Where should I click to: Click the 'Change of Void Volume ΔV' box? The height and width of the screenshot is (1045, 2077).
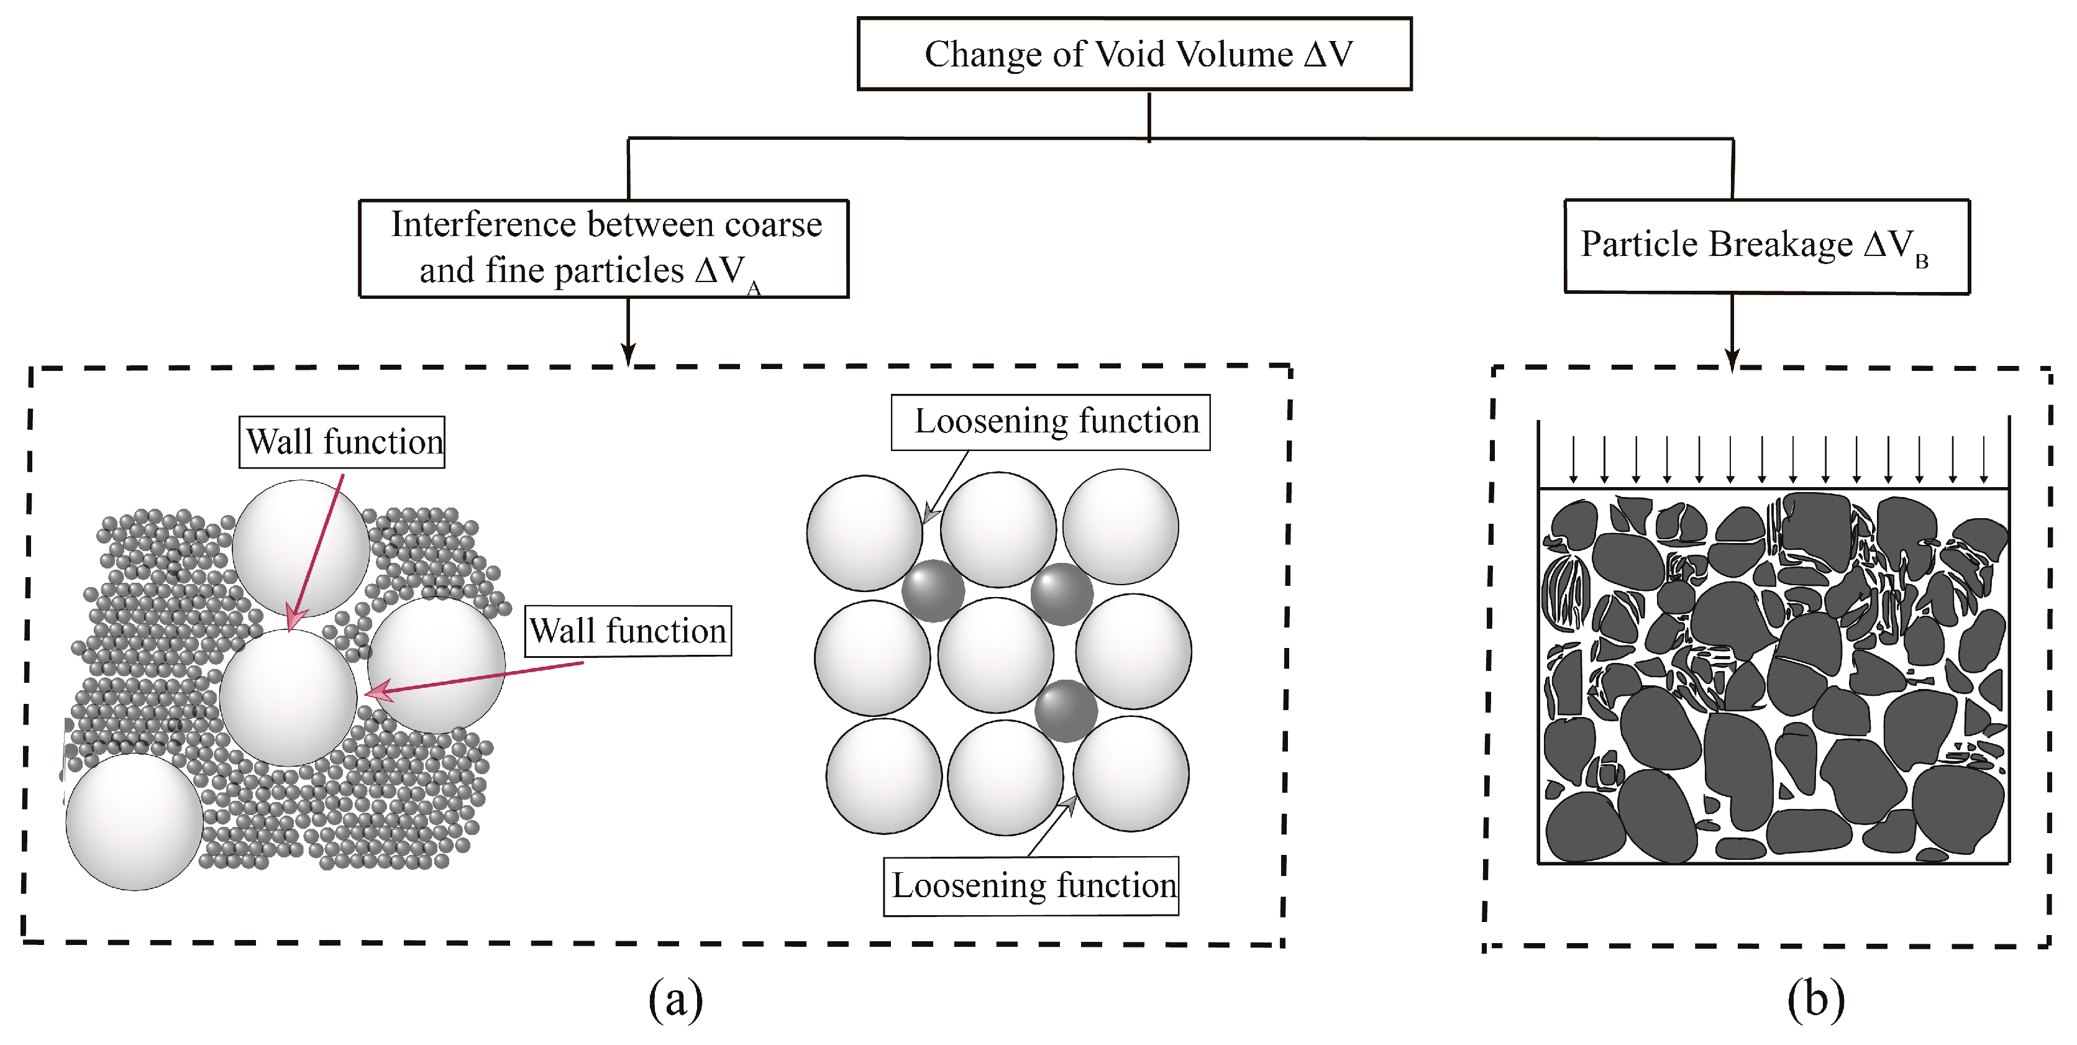[1134, 54]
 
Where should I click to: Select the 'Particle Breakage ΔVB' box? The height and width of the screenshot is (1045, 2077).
[1766, 246]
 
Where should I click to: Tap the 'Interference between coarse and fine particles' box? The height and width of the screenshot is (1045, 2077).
[603, 249]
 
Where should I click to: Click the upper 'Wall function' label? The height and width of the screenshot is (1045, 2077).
[342, 442]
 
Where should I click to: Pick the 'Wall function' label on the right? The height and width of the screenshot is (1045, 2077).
[628, 631]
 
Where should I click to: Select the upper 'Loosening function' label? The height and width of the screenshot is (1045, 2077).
[1050, 422]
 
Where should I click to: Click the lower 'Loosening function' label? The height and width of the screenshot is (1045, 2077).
[1031, 885]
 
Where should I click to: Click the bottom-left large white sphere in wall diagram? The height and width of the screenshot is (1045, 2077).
[134, 821]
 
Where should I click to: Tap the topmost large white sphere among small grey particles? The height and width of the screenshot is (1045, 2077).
[301, 549]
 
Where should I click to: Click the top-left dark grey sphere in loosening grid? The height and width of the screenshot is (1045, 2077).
[933, 590]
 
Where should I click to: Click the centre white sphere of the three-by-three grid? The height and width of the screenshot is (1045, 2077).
[996, 655]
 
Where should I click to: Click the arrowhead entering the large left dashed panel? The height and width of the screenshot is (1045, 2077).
[628, 355]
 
